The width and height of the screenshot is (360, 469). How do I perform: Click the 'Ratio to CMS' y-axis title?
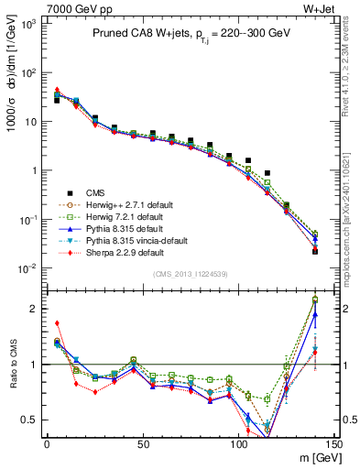(x=12, y=365)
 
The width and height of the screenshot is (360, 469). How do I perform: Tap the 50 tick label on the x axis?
(x=143, y=444)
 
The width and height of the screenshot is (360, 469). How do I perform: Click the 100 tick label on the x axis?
(x=238, y=444)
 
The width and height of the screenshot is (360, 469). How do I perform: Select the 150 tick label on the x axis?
(x=333, y=444)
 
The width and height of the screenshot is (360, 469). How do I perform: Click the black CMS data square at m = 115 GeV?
(x=267, y=173)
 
